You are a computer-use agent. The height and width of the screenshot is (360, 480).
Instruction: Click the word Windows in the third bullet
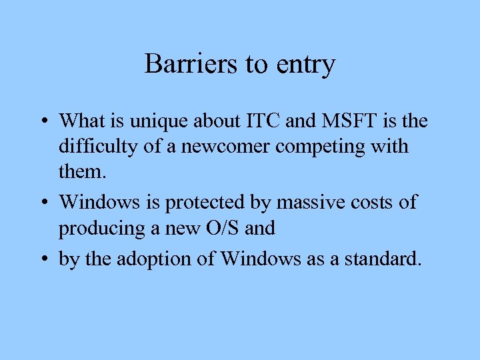point(260,258)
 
